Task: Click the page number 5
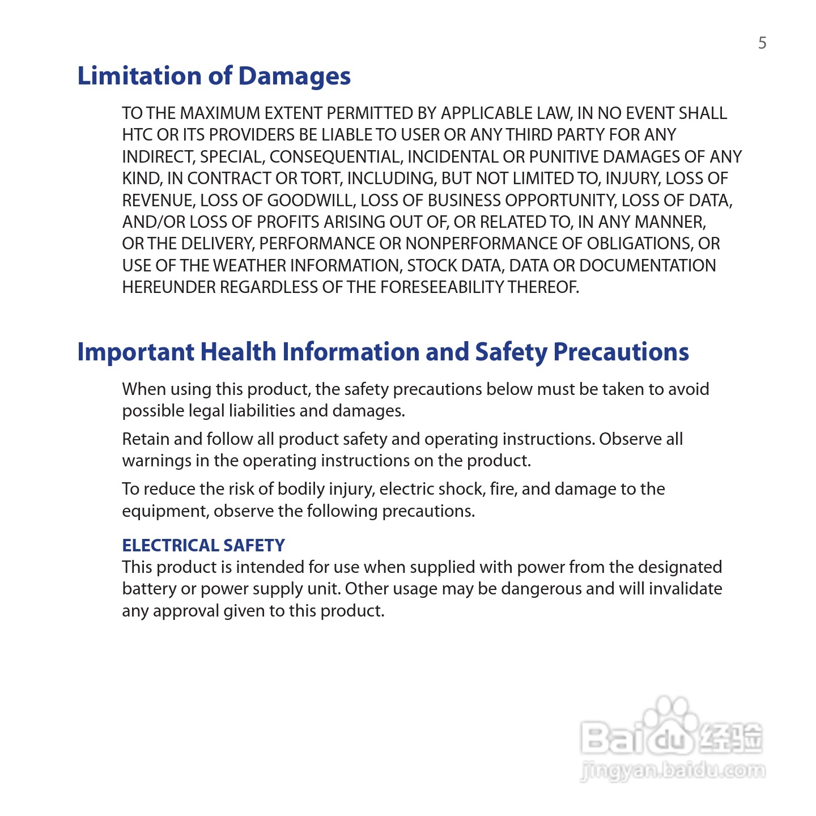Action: (762, 43)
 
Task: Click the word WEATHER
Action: (249, 266)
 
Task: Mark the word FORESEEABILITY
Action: (442, 287)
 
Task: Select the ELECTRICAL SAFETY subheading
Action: (203, 545)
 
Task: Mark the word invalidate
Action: (685, 589)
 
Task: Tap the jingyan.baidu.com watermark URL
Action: (673, 771)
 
